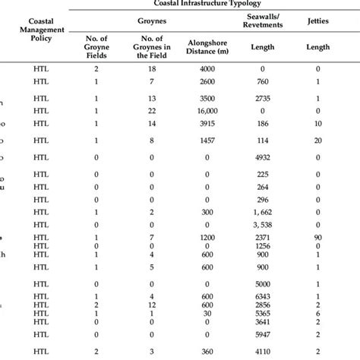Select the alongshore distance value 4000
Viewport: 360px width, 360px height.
point(207,68)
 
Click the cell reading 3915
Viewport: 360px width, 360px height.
point(207,122)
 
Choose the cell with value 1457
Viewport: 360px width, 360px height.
point(207,141)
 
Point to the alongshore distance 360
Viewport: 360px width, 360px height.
point(207,352)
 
